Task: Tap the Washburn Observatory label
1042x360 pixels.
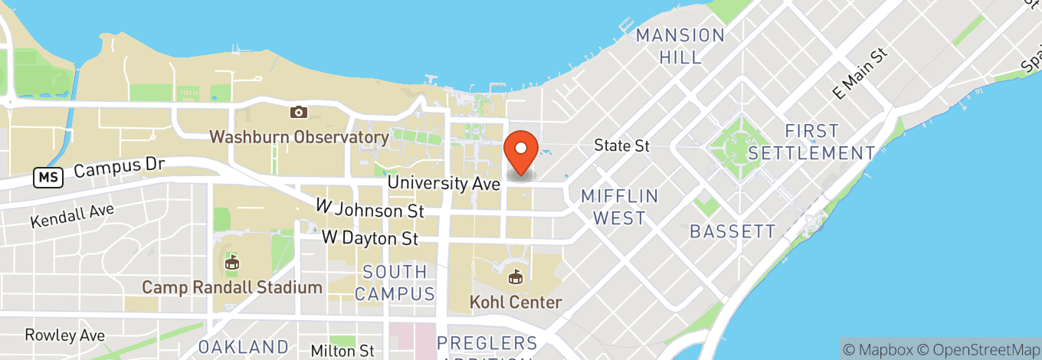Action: coord(299,138)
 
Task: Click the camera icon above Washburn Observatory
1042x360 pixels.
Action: coord(299,113)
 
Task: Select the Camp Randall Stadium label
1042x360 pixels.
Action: coord(232,288)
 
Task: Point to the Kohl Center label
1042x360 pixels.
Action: coord(516,303)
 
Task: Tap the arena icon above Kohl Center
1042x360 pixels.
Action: coord(516,277)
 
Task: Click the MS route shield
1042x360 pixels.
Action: coord(48,178)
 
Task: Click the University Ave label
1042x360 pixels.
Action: coord(444,184)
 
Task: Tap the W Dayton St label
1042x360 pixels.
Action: coord(370,238)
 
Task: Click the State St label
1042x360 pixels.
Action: coord(622,146)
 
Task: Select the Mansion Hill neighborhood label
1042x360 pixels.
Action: coord(680,46)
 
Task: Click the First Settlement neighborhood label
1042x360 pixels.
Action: coord(811,142)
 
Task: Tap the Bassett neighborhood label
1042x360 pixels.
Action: coord(732,231)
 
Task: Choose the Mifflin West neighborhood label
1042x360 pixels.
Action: coord(619,207)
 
